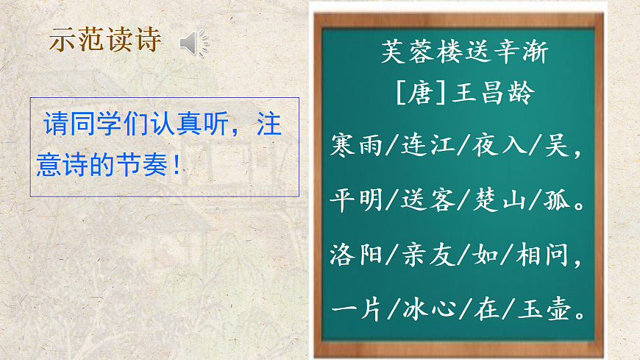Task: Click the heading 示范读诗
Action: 104,40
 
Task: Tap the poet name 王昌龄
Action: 494,94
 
